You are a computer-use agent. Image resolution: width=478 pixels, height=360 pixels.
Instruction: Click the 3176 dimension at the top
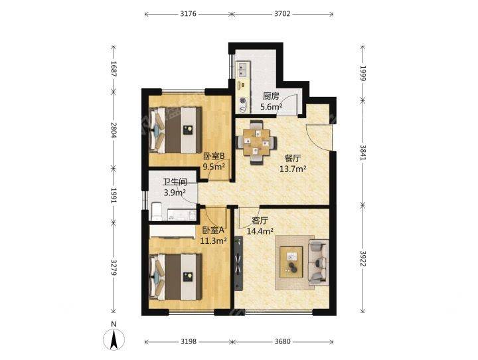pos(189,13)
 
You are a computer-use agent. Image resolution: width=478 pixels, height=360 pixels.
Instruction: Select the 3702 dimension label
pos(282,13)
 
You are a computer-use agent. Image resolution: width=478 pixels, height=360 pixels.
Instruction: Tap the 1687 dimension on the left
pos(114,68)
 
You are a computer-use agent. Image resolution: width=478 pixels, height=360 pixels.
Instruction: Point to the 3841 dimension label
pos(362,152)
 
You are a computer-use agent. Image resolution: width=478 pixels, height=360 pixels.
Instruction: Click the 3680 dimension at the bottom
pos(282,341)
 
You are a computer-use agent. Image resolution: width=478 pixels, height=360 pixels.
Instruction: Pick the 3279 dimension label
pos(114,268)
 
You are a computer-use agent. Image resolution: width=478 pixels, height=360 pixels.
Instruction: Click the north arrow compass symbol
pos(114,339)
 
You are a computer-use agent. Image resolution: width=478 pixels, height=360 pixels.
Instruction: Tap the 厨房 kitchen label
pos(271,96)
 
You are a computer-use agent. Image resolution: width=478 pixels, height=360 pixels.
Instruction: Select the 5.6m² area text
pos(271,107)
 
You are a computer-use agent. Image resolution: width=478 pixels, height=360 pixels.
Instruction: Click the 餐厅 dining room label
pos(293,158)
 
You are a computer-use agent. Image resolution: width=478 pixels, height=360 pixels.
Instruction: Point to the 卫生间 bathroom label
pos(175,183)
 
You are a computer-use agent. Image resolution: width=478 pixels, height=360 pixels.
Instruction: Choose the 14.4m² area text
pos(260,231)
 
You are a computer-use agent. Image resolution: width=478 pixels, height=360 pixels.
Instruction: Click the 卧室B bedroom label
pos(214,156)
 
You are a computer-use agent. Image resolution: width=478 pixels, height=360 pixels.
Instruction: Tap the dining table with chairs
pos(257,142)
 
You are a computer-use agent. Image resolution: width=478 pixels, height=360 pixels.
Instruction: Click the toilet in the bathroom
pos(157,211)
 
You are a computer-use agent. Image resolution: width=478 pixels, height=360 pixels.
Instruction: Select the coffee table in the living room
pos(291,262)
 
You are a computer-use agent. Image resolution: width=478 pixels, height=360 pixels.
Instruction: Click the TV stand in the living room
pos(239,263)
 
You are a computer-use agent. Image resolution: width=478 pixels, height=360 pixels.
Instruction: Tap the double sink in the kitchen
pos(242,69)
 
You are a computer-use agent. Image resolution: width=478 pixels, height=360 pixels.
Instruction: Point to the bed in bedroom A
pos(175,276)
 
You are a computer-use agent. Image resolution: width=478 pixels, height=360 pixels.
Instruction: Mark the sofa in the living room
pos(319,262)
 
